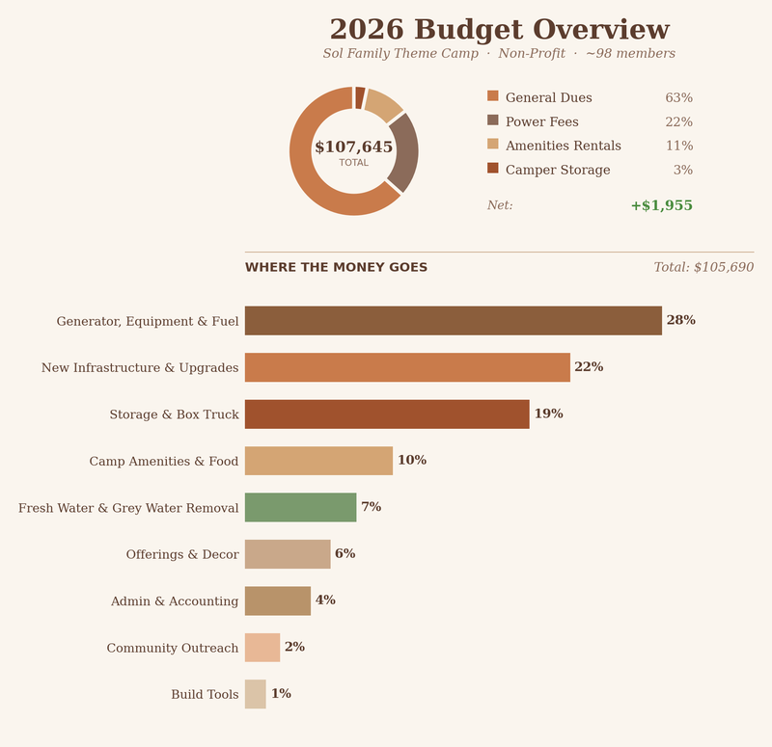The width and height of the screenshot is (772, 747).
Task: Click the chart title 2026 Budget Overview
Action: (499, 31)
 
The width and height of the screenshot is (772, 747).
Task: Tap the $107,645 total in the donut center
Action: (353, 147)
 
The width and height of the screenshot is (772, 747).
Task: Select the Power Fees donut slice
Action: (402, 152)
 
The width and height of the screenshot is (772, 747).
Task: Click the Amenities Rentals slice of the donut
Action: (383, 104)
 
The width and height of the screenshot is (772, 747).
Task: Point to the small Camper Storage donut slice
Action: (360, 97)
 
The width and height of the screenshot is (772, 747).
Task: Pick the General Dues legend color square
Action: (493, 96)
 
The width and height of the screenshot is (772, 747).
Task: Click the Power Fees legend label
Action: (541, 122)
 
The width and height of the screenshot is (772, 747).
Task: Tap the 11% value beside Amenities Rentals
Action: (678, 147)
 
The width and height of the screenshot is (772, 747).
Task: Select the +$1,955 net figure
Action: (661, 206)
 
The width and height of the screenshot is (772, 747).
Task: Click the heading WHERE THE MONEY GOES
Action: (336, 268)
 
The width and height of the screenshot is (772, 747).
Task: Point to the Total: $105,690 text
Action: (703, 268)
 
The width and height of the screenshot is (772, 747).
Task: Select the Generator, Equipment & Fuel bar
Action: (453, 321)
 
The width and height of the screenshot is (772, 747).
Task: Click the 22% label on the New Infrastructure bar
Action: (589, 367)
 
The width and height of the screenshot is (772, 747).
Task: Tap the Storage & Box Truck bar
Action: (386, 414)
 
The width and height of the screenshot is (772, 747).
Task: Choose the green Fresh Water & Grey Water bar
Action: (300, 508)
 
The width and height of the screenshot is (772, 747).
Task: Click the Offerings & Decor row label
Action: (182, 555)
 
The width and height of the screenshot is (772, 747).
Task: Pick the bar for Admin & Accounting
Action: (277, 601)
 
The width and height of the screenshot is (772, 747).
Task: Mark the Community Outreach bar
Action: (262, 648)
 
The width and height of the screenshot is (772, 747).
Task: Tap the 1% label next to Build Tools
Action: (281, 694)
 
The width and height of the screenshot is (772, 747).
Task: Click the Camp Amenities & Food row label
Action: (164, 462)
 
